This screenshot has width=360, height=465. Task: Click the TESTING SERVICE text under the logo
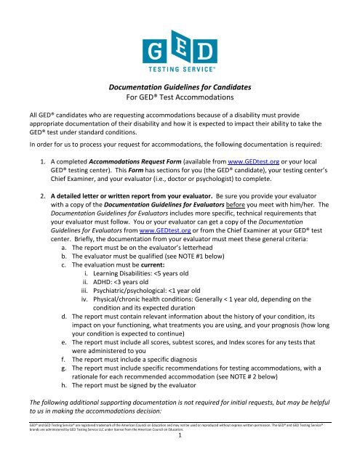[x=180, y=71]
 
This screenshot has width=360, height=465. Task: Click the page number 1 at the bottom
[x=180, y=458]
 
